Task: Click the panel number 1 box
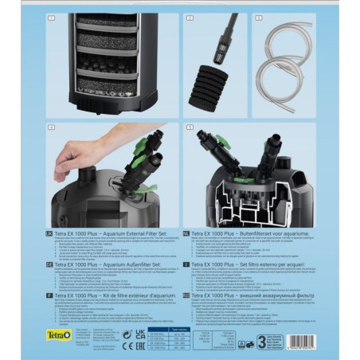pyautogui.click(x=49, y=16)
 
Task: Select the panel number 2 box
pyautogui.click(x=190, y=16)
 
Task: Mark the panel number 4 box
pyautogui.click(x=49, y=127)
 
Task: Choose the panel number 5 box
pyautogui.click(x=190, y=127)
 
